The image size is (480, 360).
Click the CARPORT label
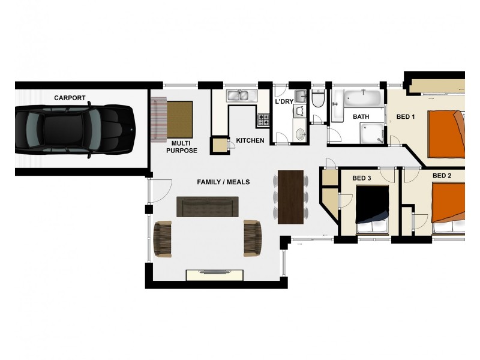(x=70, y=98)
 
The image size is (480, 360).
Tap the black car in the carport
(x=74, y=129)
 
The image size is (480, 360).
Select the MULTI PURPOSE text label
(x=181, y=147)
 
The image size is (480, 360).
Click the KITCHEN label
(x=250, y=140)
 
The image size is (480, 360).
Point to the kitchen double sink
(x=241, y=95)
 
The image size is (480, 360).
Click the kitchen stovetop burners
(x=263, y=120)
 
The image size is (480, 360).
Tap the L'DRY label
(x=284, y=102)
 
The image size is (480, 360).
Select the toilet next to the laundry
(x=318, y=98)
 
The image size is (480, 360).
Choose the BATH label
(x=361, y=116)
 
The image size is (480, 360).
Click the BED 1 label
(x=406, y=116)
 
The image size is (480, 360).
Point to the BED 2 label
(x=442, y=176)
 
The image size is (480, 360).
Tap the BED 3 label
(x=361, y=178)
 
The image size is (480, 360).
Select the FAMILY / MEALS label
(x=223, y=182)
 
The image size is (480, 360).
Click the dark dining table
(x=292, y=197)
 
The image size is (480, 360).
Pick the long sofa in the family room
(x=208, y=206)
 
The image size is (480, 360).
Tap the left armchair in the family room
(x=163, y=238)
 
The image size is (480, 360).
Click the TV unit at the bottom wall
(x=215, y=275)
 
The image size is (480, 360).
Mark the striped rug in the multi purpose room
(x=158, y=118)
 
